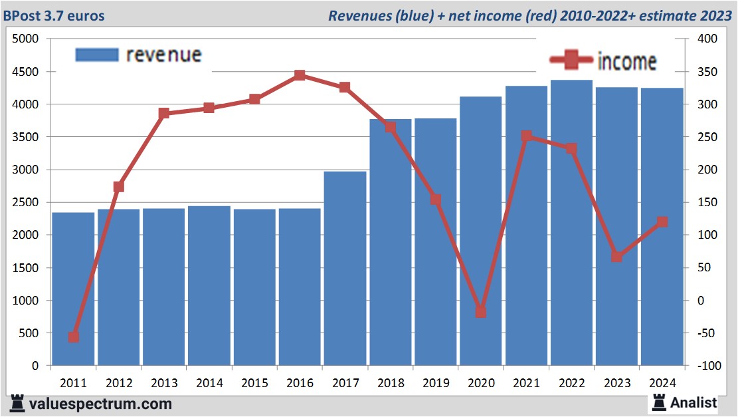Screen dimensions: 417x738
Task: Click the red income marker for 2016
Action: click(300, 75)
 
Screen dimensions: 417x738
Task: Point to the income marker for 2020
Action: click(481, 312)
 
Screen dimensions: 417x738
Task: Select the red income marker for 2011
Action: click(73, 337)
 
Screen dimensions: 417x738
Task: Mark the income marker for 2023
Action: click(616, 257)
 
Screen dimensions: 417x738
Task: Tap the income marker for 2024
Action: click(662, 222)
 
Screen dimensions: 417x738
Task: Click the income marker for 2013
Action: click(164, 113)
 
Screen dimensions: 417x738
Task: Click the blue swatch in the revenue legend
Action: click(96, 55)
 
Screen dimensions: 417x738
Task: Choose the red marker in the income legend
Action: click(571, 61)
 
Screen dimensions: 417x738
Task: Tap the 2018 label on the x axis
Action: click(390, 383)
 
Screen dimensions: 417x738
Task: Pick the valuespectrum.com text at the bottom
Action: click(100, 404)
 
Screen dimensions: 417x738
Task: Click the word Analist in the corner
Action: click(693, 402)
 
